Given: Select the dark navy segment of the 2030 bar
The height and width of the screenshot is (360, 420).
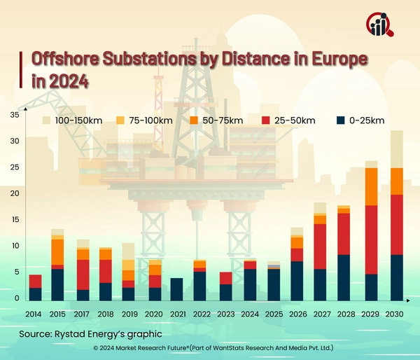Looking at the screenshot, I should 396,277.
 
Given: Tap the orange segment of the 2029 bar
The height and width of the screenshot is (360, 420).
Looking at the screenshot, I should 370,186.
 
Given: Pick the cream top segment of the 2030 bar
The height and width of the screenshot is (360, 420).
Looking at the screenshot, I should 396,149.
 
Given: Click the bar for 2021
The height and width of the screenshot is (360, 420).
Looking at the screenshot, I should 177,289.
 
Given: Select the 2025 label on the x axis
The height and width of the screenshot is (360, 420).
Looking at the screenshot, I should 274,314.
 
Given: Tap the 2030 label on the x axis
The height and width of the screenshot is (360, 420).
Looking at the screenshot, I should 396,314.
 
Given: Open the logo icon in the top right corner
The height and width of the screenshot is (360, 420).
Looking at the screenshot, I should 380,25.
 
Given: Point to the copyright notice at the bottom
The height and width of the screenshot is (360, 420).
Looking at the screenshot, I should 210,348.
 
